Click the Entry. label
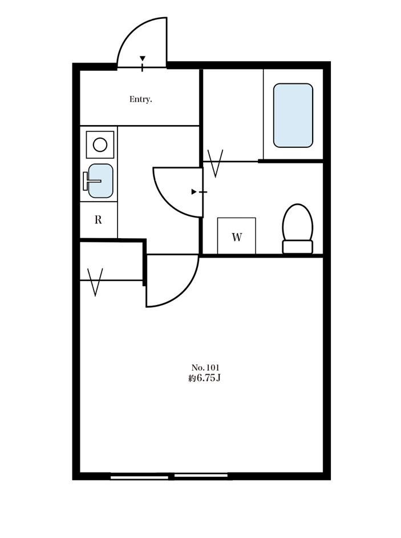pyautogui.click(x=140, y=99)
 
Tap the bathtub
pyautogui.click(x=293, y=115)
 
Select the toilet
pyautogui.click(x=298, y=228)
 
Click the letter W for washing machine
pyautogui.click(x=237, y=237)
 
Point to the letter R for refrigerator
pyautogui.click(x=98, y=219)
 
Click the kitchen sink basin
pyautogui.click(x=100, y=181)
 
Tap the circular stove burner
pyautogui.click(x=100, y=144)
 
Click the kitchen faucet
pyautogui.click(x=90, y=181)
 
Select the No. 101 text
pyautogui.click(x=205, y=367)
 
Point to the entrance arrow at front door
pyautogui.click(x=143, y=58)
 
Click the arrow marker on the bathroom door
pyautogui.click(x=194, y=192)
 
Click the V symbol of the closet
pyautogui.click(x=95, y=282)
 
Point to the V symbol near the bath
pyautogui.click(x=216, y=163)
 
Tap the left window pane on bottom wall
pyautogui.click(x=140, y=477)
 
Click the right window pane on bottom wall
pyautogui.click(x=201, y=475)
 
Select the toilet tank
pyautogui.click(x=298, y=247)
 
